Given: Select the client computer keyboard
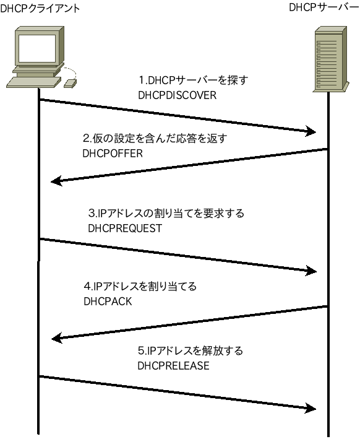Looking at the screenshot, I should click(33, 82).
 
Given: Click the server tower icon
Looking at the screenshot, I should click(328, 59).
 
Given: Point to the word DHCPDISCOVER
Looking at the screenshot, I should click(178, 95).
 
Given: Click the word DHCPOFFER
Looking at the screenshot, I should click(112, 153).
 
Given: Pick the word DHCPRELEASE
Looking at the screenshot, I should click(173, 366).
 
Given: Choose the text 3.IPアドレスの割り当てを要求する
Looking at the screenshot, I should click(166, 214).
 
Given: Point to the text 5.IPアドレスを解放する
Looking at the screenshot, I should click(189, 351).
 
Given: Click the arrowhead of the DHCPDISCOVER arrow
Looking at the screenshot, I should click(311, 131).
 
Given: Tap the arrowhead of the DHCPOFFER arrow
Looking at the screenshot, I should click(56, 181).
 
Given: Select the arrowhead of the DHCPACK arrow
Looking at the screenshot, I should click(56, 338).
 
